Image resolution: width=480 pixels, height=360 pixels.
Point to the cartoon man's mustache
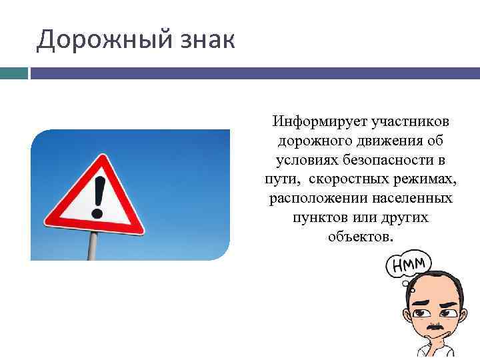point(434,329)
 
